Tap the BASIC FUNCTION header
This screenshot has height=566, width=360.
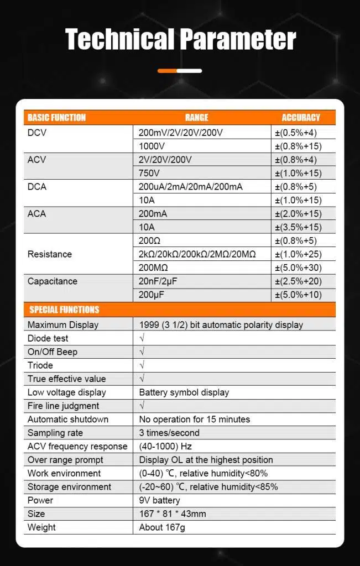pos(56,117)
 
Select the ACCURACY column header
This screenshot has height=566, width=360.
pos(300,117)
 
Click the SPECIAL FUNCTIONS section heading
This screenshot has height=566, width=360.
pos(64,310)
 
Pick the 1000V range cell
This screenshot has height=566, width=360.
pos(152,146)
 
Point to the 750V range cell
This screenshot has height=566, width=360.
pos(149,173)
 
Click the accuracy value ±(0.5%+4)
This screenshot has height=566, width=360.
pos(298,133)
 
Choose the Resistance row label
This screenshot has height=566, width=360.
pos(50,254)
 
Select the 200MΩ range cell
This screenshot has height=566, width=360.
pos(153,268)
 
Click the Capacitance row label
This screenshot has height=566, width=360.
pos(53,281)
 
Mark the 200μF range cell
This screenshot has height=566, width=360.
pos(152,295)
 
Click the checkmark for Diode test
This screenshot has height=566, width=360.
pos(142,338)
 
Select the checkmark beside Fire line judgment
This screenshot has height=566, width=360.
pos(142,406)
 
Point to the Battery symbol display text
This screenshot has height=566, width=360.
pos(184,392)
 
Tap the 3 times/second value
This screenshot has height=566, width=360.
pos(169,433)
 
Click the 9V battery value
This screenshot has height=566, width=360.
pos(160,500)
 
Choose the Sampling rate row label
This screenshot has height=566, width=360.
pos(54,433)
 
